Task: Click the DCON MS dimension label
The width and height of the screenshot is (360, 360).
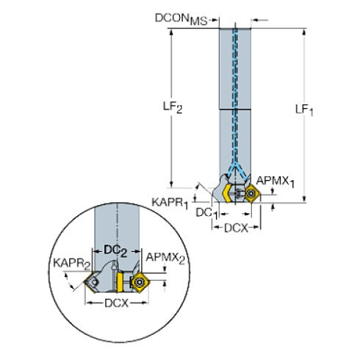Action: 181,19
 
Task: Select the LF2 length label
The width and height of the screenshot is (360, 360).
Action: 173,107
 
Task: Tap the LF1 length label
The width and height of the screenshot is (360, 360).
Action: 304,109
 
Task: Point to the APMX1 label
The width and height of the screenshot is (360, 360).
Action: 275,181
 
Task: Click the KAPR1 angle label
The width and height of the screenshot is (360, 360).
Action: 170,204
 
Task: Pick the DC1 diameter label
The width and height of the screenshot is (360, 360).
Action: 206,213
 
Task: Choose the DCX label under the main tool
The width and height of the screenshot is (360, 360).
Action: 236,228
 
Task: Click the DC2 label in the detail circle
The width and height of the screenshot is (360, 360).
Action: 115,251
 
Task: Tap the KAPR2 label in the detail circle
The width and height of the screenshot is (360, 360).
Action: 72,264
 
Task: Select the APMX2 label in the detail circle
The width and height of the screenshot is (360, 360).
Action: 165,258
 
